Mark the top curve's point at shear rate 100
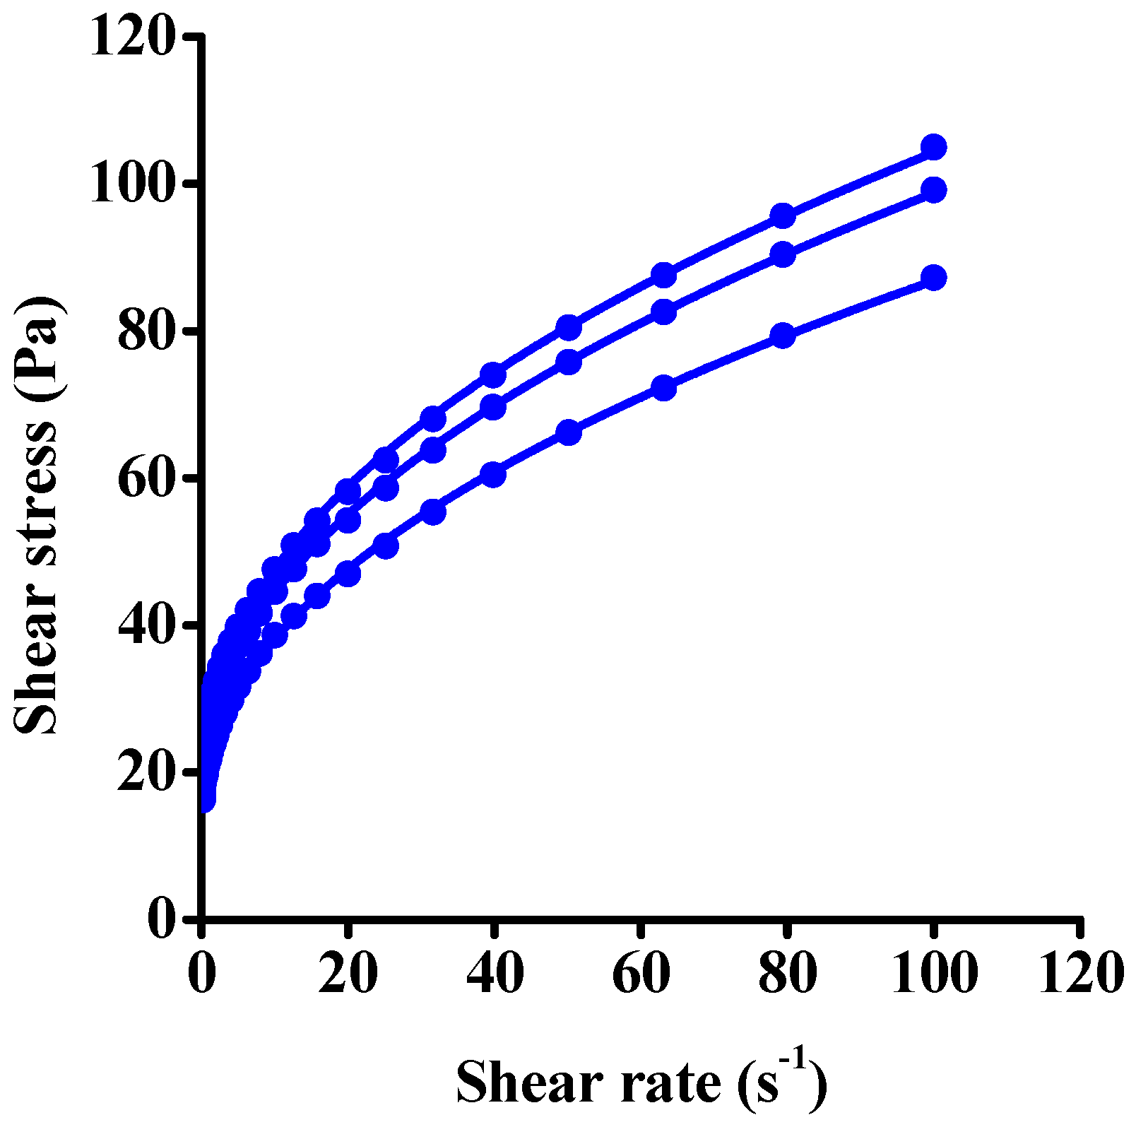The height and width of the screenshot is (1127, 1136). point(933,147)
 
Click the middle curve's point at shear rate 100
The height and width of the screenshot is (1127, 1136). point(933,190)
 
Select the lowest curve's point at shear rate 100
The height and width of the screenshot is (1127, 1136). point(933,278)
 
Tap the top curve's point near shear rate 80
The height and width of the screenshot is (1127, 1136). point(783,216)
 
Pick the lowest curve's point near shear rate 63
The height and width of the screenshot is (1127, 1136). point(663,388)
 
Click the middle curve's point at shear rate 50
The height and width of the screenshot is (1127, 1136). point(568,362)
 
